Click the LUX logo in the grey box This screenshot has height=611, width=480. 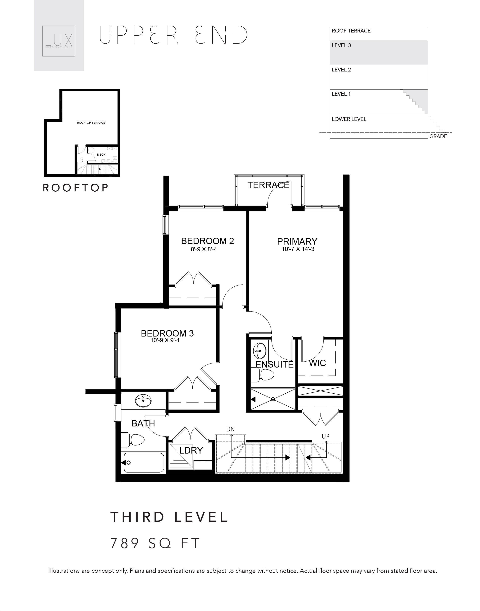pos(59,41)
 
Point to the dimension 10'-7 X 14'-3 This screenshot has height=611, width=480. pos(298,249)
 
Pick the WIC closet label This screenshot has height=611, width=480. pos(317,363)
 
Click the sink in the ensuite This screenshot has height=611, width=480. pos(260,350)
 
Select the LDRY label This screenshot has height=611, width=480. pos(191,450)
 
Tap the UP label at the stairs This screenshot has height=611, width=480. pos(326,436)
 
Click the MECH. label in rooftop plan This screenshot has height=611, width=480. pos(102,155)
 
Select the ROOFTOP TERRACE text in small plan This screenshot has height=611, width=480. pos(91,123)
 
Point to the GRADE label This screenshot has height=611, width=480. pos(438,136)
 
